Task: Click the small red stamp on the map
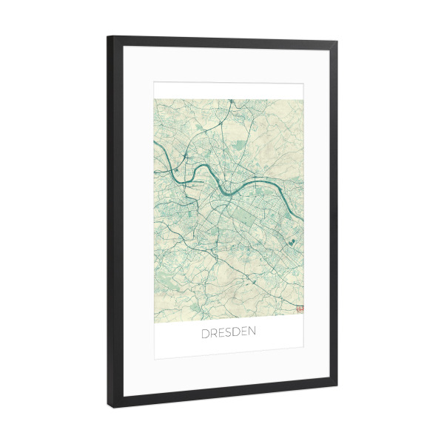tap(299, 309)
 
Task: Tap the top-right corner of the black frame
tap(337, 44)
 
